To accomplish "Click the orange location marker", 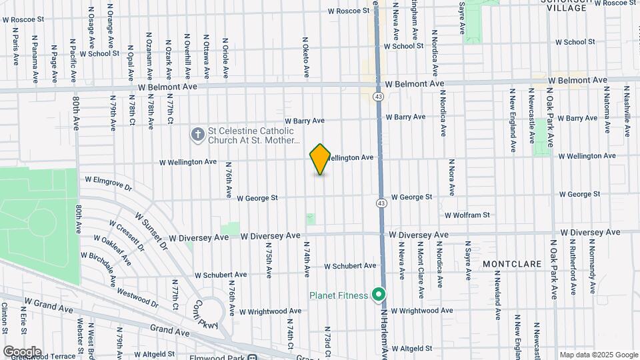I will click(320, 159).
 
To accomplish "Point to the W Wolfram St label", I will click(467, 215).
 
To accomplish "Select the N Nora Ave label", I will click(451, 177).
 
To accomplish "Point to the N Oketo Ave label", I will click(307, 55).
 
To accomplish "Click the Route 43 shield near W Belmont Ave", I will click(378, 97).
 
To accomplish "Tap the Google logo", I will click(22, 351).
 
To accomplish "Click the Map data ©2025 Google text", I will click(598, 355).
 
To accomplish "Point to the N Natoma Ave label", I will click(607, 107).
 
